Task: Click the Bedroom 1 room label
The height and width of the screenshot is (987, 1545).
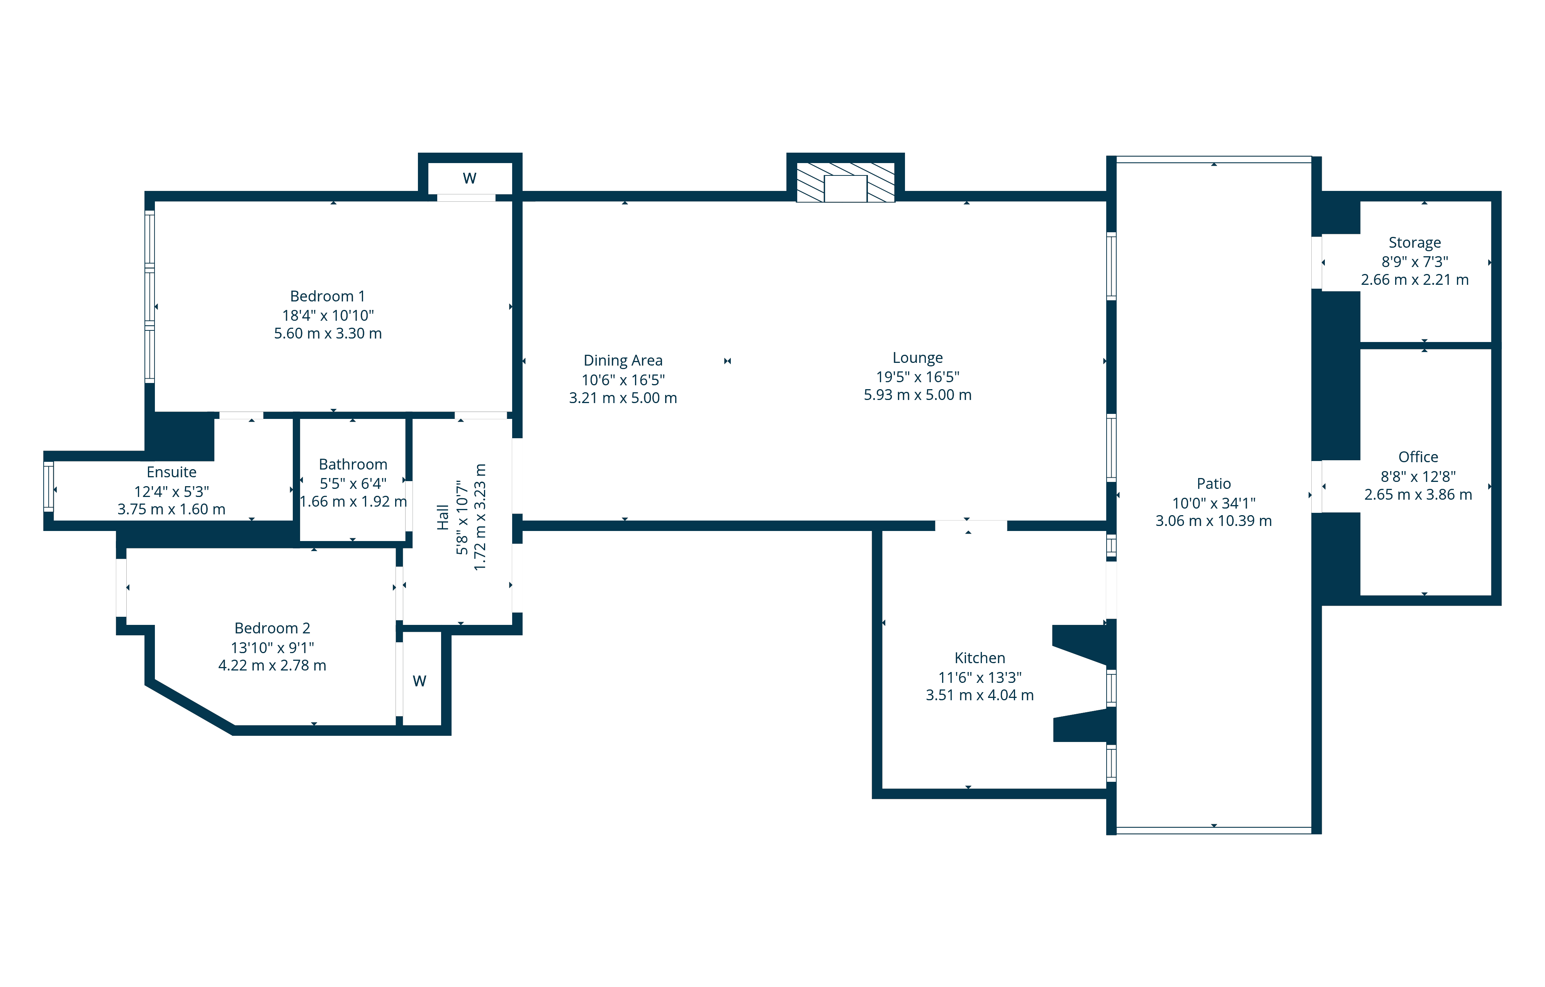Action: click(x=327, y=296)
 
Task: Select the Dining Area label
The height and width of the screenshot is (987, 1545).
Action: click(x=622, y=361)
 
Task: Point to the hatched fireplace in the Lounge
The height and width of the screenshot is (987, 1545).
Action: click(x=845, y=182)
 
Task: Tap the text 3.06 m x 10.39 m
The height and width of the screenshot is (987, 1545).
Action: click(x=1213, y=521)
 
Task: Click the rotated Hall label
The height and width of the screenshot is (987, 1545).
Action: click(x=442, y=517)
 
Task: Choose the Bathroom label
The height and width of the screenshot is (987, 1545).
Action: click(x=353, y=465)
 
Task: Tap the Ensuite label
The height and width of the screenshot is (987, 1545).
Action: click(x=171, y=472)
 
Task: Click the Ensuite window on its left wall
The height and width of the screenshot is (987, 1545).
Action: click(x=48, y=487)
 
